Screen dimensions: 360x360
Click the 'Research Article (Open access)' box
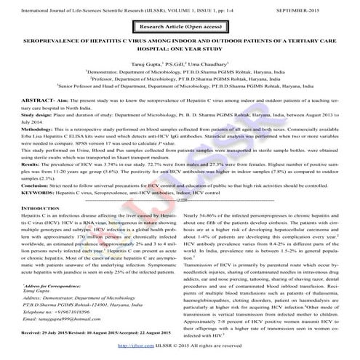(180, 26)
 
